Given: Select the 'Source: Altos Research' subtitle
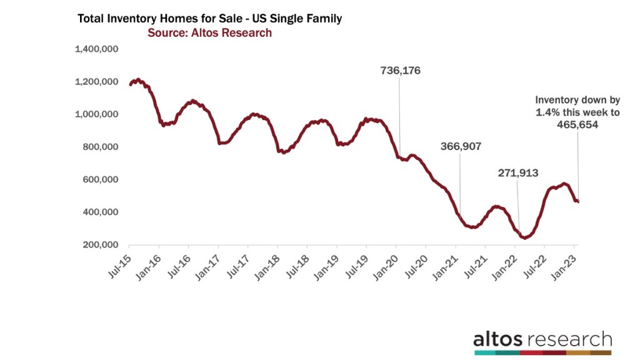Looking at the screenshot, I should pos(209,33).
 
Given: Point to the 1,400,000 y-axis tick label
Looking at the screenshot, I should pos(97,49).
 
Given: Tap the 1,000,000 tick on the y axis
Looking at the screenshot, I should pos(97,114).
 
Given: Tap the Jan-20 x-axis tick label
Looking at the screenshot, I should pos(387,265).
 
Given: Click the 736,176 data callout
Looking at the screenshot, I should pos(401,71).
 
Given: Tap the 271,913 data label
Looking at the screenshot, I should pos(517,173).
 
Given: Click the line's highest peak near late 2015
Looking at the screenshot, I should pos(138,80).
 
